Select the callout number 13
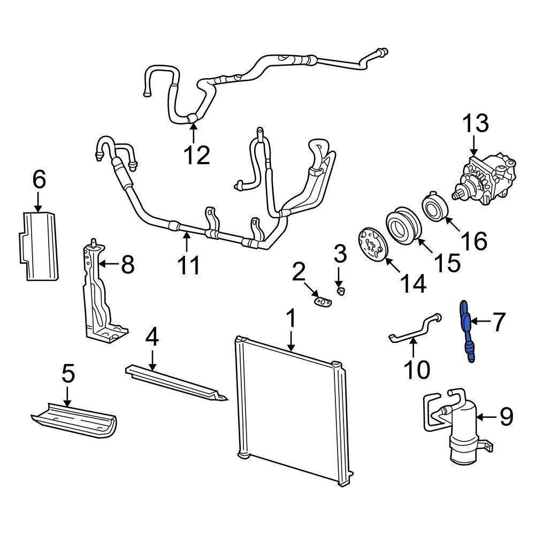point(475,124)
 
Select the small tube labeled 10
point(415,330)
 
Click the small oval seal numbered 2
point(322,302)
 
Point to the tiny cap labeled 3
point(340,291)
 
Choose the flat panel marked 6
point(40,246)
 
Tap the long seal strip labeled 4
point(177,383)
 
